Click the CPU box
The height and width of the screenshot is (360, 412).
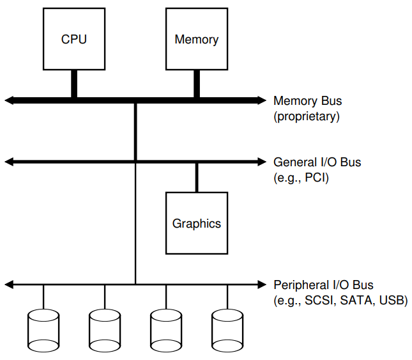click(x=73, y=39)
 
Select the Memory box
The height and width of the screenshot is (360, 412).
click(x=196, y=39)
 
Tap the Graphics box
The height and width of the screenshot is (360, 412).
click(x=196, y=223)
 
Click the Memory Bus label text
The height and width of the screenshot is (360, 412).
click(x=307, y=101)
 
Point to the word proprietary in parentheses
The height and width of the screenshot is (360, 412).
click(x=307, y=117)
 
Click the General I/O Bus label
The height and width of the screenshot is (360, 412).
click(x=317, y=162)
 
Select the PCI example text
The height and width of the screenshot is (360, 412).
click(x=316, y=178)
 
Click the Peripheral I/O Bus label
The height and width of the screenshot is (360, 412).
click(x=323, y=285)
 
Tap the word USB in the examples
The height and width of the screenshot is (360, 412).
click(x=390, y=300)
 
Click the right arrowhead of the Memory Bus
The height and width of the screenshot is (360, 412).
click(x=261, y=100)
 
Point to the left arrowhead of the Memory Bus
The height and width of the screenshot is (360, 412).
click(x=9, y=100)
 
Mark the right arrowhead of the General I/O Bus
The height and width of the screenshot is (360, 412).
click(x=261, y=162)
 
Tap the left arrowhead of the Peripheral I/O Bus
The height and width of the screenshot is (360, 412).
click(x=8, y=283)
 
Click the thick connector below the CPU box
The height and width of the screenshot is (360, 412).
click(x=74, y=84)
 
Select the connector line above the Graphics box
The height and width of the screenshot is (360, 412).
click(x=197, y=177)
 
